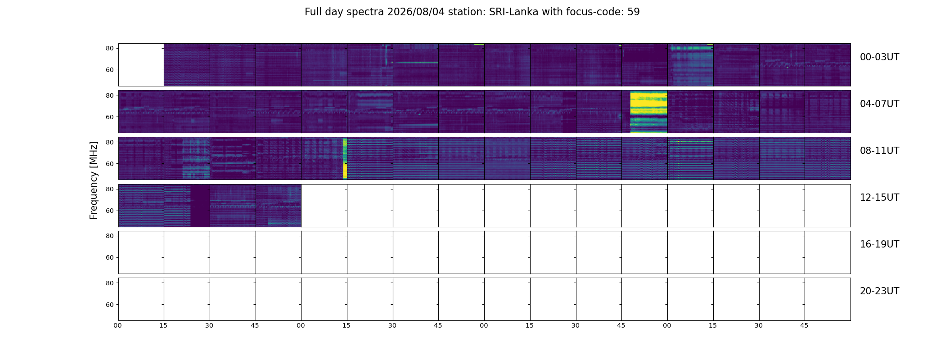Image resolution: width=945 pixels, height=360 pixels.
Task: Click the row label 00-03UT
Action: point(879,57)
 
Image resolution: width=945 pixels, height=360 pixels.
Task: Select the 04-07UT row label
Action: point(879,104)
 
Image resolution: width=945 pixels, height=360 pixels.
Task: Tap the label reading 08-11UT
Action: point(879,151)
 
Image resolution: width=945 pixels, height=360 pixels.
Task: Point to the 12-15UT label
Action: point(879,198)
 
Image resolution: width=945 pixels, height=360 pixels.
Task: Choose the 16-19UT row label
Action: point(879,244)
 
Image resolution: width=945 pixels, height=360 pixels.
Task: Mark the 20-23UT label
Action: point(879,291)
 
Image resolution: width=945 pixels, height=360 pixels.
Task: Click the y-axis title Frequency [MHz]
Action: point(94,180)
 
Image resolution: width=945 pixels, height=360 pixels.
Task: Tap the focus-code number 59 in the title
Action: point(634,12)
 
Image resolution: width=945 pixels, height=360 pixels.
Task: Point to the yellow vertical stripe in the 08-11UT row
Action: point(345,158)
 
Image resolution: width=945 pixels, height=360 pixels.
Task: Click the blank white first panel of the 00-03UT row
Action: point(141,65)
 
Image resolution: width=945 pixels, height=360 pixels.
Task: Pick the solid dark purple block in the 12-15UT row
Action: point(200,205)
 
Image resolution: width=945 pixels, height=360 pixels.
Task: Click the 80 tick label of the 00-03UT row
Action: point(110,48)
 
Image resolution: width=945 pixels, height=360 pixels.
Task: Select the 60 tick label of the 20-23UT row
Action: point(110,305)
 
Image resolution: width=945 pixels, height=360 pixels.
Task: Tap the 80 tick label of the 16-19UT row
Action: point(110,236)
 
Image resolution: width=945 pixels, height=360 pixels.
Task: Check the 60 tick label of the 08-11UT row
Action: point(110,164)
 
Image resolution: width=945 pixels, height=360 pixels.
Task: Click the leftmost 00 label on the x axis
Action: point(118,325)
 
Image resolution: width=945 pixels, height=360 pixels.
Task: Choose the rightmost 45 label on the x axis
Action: point(804,325)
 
